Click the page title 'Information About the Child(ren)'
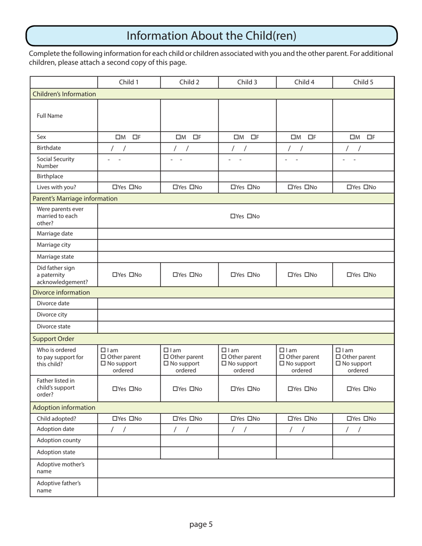211,36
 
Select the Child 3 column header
247,82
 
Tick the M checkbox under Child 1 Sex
118,137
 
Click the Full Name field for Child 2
189,115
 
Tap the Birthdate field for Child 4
304,148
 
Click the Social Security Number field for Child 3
247,162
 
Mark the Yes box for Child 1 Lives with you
115,187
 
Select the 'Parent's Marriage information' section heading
75,198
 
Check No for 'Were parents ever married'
250,216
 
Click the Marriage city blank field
246,245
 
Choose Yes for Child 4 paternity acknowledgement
291,275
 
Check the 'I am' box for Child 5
338,350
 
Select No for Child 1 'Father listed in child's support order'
132,389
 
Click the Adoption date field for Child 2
189,429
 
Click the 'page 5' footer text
201,524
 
